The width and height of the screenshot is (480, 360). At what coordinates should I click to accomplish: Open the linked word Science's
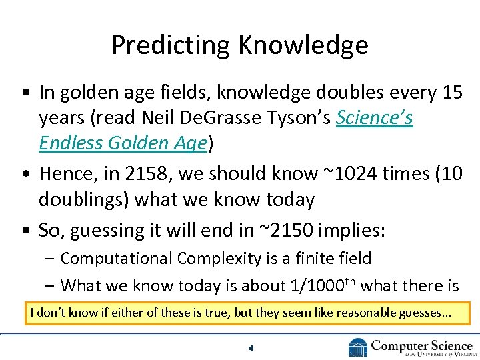(x=375, y=118)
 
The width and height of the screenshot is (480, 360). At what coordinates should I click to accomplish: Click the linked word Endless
(x=72, y=143)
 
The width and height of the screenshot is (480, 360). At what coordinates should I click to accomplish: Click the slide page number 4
(x=250, y=348)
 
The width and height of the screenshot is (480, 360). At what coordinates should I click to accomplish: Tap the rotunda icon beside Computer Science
(x=358, y=347)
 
